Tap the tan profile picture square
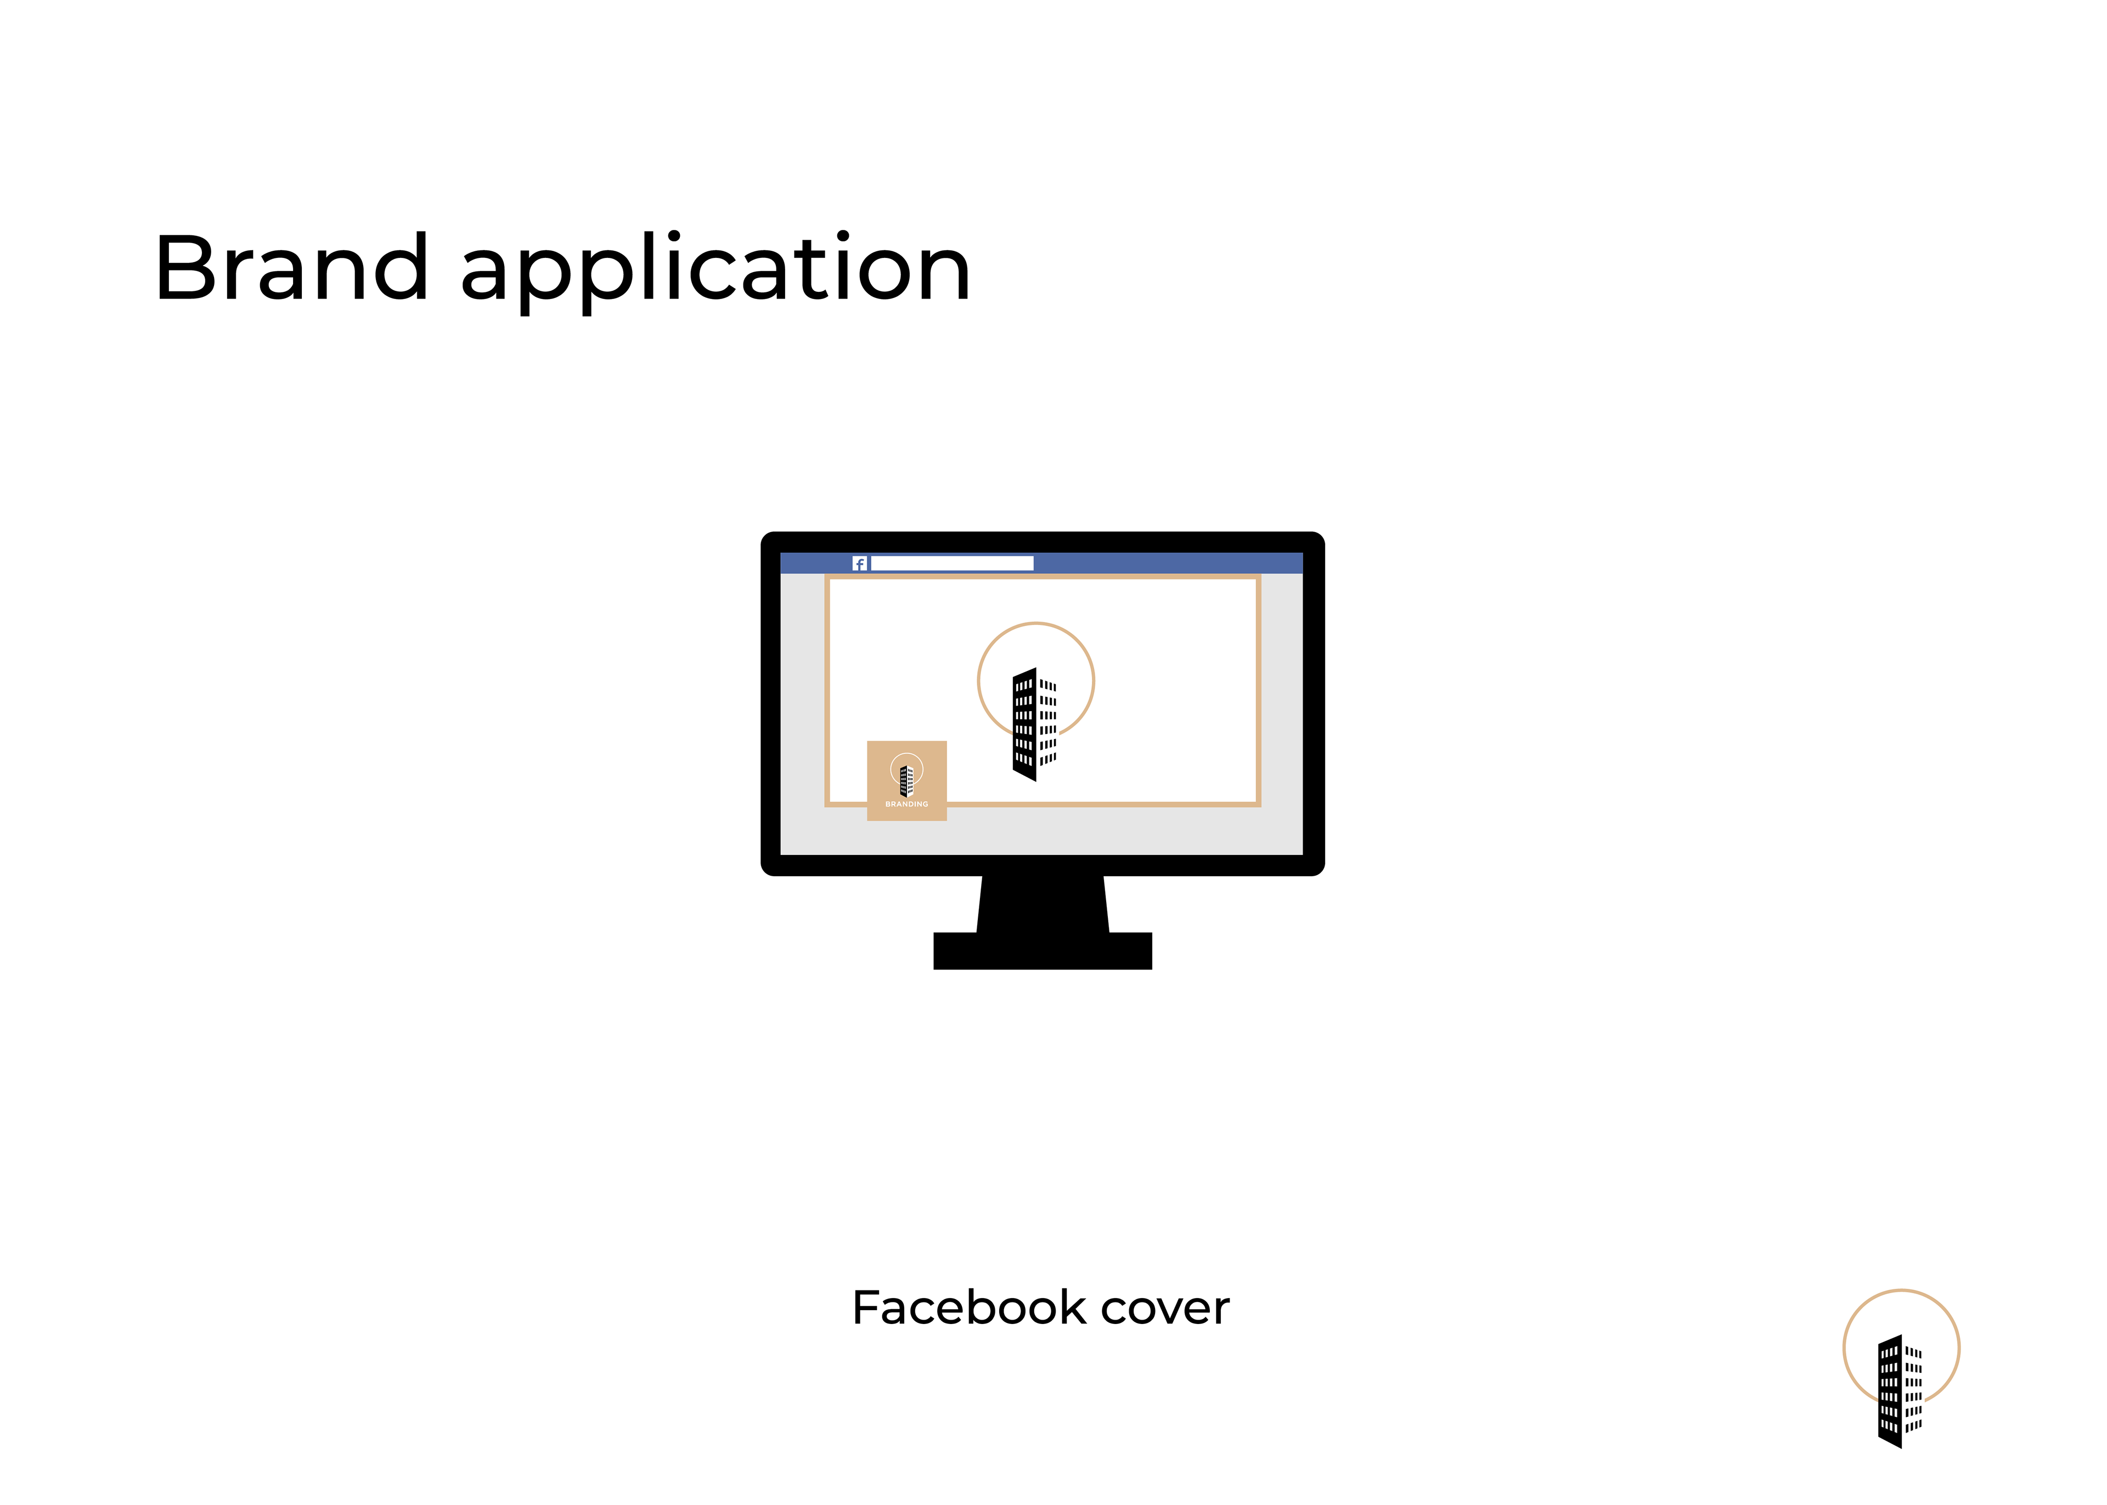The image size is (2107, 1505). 906,780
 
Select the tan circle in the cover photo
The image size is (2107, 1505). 1036,624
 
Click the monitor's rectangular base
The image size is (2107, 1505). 1043,951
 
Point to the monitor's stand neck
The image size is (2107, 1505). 1043,904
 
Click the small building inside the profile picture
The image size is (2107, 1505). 907,781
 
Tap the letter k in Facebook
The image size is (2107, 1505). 1075,1307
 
